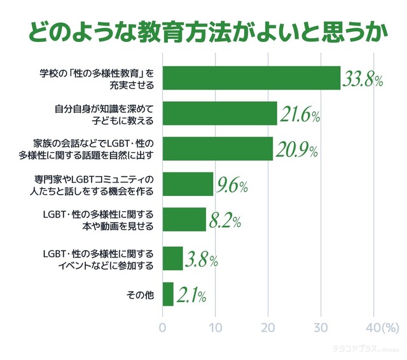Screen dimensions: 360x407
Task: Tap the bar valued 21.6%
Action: tap(220, 113)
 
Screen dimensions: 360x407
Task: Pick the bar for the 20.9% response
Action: tap(218, 148)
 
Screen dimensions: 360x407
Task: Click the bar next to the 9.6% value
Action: tap(188, 184)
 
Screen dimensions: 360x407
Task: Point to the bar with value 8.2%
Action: tap(184, 219)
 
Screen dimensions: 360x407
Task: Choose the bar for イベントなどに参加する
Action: tap(173, 258)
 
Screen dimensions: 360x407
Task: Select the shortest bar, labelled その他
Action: tap(169, 294)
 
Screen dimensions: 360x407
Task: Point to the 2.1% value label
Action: tap(191, 294)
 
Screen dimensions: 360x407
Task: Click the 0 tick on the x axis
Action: tap(163, 328)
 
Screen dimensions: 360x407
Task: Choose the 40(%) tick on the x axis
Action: tap(380, 328)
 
